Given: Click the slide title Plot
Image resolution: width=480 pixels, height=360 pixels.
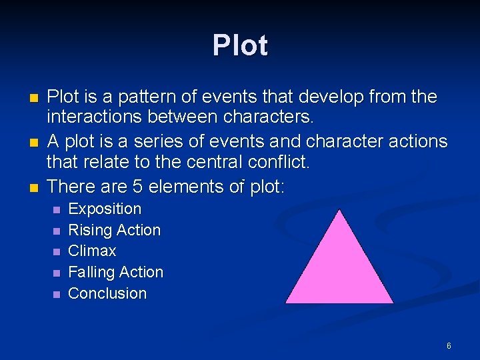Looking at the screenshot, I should click(240, 45).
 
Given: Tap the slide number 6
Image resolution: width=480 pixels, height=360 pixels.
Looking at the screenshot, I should click(449, 346).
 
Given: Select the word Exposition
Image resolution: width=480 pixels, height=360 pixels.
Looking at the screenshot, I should click(105, 209).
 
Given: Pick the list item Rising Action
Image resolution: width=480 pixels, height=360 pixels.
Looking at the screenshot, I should click(115, 230).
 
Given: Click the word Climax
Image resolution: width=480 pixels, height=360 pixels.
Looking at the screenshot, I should click(92, 251).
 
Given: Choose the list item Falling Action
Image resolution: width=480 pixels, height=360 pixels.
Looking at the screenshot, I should click(115, 272).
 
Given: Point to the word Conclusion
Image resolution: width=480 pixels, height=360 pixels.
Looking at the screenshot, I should click(107, 293).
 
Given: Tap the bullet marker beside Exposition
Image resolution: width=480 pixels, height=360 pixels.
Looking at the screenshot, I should click(56, 209).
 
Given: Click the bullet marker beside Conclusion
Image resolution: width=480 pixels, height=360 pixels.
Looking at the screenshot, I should click(56, 294).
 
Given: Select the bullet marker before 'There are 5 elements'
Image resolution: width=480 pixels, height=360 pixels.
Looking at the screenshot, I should click(33, 187).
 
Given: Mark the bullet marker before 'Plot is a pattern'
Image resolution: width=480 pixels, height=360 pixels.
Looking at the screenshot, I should click(33, 98).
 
